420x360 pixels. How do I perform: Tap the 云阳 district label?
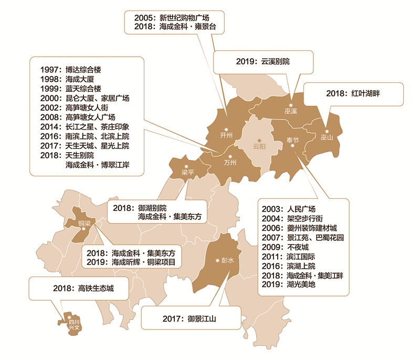(259, 146)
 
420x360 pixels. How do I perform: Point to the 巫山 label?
(327, 139)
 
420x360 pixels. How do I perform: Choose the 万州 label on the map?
(230, 163)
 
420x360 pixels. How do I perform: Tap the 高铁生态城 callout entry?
(83, 288)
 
